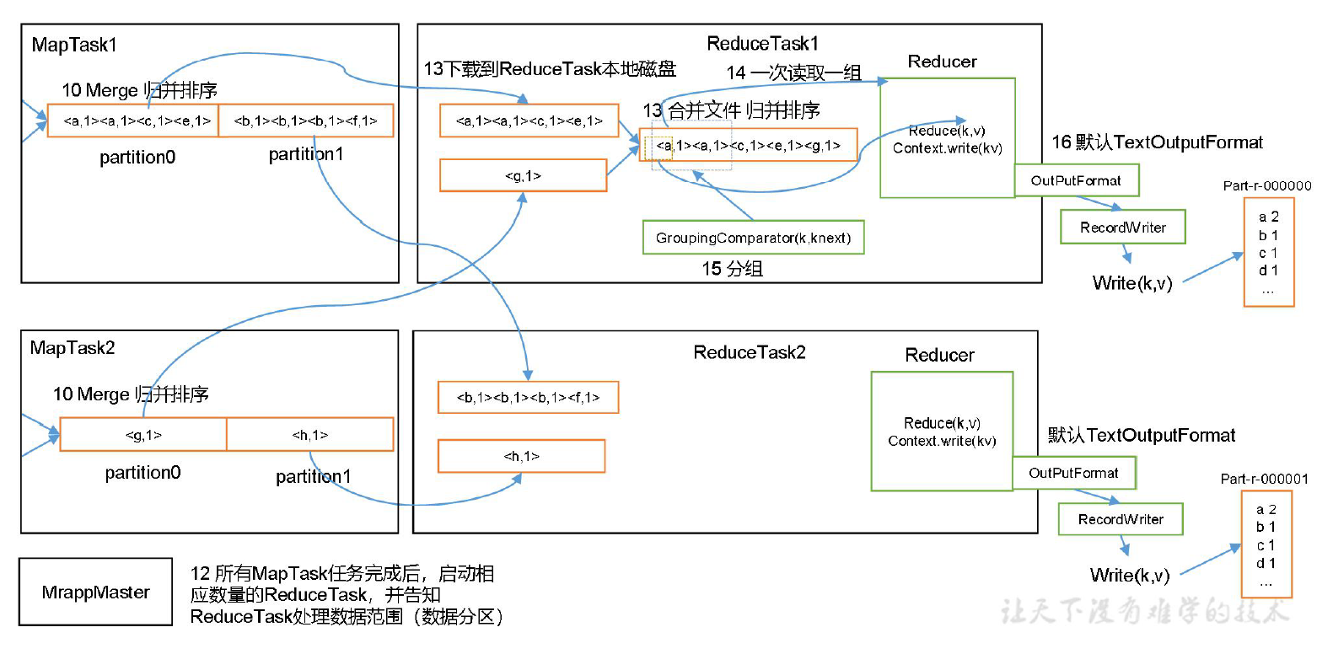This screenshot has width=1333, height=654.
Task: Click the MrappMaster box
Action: (x=95, y=592)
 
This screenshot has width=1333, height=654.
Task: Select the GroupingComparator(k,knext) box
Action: (x=753, y=238)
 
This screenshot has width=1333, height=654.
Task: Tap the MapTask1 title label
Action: (x=74, y=45)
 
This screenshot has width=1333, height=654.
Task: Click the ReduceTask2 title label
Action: (x=749, y=352)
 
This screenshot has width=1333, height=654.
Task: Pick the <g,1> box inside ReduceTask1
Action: (x=523, y=175)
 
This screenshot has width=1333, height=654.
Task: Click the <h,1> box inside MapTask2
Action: (x=309, y=435)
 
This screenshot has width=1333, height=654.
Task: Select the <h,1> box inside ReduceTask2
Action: (x=521, y=456)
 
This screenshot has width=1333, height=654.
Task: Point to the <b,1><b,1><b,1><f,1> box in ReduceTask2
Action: (x=528, y=397)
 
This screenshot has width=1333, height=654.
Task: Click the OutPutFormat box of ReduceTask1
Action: (x=1076, y=180)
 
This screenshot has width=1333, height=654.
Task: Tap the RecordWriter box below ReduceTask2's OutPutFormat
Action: (x=1120, y=519)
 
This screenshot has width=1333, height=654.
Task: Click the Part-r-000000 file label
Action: (x=1266, y=185)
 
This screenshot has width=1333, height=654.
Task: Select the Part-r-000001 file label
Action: (x=1264, y=479)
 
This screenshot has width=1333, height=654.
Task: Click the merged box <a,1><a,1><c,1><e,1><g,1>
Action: (x=748, y=145)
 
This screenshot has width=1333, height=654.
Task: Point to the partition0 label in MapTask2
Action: (x=142, y=473)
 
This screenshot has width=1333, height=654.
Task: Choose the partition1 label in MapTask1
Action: (x=305, y=154)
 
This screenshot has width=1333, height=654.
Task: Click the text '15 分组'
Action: (x=732, y=269)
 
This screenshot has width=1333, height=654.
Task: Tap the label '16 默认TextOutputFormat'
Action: (x=1157, y=142)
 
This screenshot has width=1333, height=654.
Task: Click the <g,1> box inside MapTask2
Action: (x=143, y=435)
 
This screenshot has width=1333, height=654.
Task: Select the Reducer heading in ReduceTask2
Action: (x=939, y=355)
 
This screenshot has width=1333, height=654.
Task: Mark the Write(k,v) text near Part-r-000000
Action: (x=1131, y=283)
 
